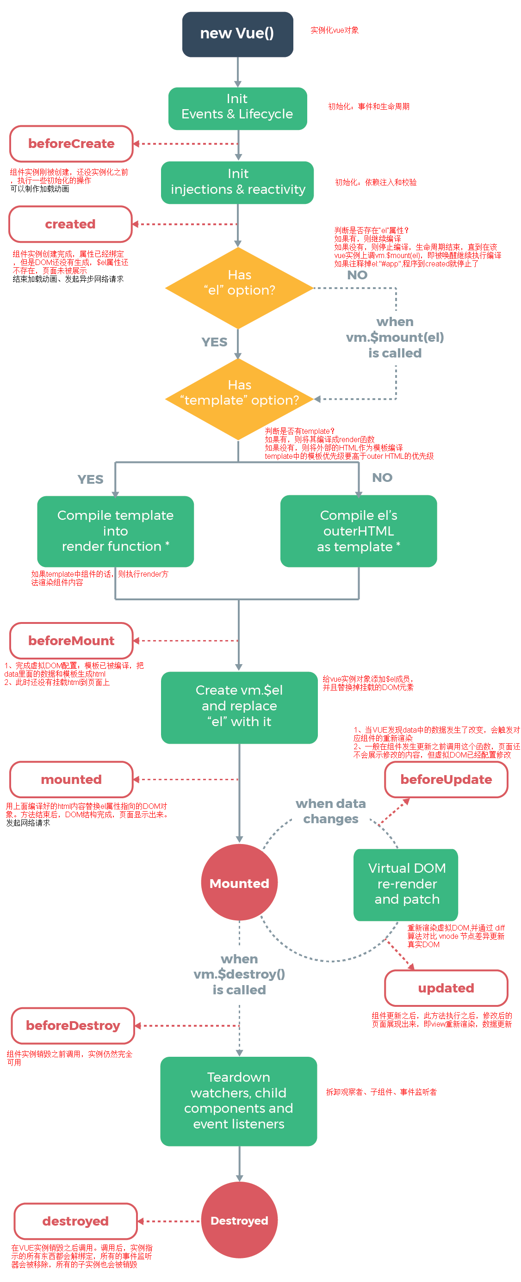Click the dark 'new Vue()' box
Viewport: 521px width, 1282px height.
tap(237, 34)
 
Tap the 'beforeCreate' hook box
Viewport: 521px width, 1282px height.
tap(71, 144)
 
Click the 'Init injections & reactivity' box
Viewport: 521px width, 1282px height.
tap(237, 182)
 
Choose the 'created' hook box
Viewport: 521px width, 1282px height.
tap(70, 224)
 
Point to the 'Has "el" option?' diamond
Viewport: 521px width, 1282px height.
tap(239, 288)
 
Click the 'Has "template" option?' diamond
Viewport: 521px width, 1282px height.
tap(239, 399)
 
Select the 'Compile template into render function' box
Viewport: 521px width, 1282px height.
tap(115, 531)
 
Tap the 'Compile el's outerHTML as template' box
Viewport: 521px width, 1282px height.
tap(358, 531)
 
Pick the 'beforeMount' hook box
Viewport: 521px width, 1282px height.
tap(71, 641)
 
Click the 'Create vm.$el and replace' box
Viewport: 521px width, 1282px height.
tap(239, 707)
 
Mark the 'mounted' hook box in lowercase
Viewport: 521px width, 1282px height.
tap(71, 779)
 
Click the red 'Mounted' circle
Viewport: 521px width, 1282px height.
tap(239, 883)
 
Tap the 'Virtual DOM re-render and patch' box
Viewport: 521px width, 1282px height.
tap(406, 884)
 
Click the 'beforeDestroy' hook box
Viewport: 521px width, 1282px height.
tap(73, 1026)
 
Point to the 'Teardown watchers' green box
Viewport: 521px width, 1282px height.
tap(239, 1101)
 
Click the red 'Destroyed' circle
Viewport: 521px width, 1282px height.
tap(239, 1220)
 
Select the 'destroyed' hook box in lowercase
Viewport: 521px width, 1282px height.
tap(75, 1221)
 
